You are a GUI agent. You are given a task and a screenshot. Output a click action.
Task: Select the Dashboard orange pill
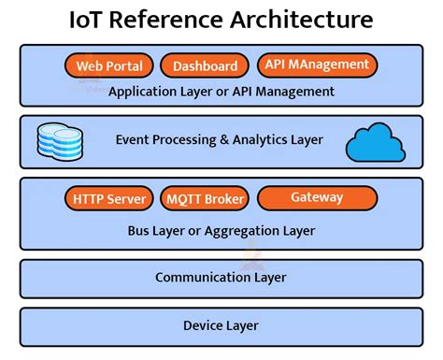coord(205,66)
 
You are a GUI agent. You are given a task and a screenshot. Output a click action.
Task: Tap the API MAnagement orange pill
coord(316,65)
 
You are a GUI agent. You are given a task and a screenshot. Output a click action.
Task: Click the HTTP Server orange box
coord(109,199)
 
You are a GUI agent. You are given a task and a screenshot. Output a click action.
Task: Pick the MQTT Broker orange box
coord(205,199)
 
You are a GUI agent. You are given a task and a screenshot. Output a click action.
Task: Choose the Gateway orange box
coord(317,198)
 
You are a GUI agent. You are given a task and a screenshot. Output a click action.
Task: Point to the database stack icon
coord(58,140)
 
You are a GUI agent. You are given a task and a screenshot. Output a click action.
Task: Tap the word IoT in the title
coord(88,20)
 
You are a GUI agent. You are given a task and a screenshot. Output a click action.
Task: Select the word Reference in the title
coord(167,20)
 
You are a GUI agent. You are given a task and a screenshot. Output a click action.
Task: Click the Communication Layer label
coord(221,277)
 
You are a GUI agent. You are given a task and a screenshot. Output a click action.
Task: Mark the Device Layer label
coord(221,325)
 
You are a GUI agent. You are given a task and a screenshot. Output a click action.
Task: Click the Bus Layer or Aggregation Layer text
coord(221,230)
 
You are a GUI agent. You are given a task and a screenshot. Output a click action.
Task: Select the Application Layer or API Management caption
coord(221,92)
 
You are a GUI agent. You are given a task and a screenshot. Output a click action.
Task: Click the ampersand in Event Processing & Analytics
coord(224,140)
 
